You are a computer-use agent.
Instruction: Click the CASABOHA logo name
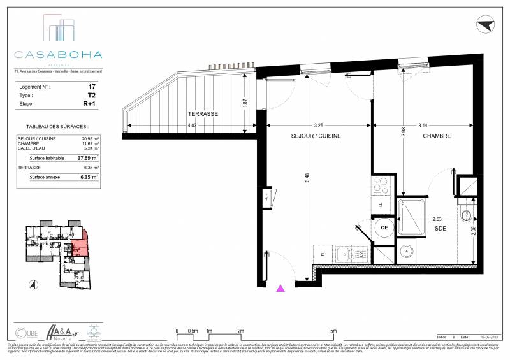coord(58,55)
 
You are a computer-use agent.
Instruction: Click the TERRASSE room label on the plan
coord(203,113)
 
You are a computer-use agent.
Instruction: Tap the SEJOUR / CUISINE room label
coord(316,136)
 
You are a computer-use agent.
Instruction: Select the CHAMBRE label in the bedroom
coord(437,136)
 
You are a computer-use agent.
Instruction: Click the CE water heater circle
coord(384,227)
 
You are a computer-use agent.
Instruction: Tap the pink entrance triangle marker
coord(279,289)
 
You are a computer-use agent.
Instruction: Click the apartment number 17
coord(92,86)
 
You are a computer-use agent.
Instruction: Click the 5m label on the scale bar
coord(333,331)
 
